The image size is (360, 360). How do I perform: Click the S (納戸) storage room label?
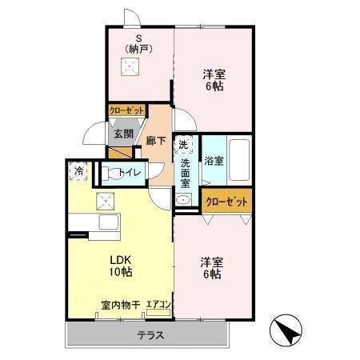(138, 44)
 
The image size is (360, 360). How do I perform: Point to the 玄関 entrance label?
(122, 134)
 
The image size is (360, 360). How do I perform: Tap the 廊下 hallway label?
(156, 140)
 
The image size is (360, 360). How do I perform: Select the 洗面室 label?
(185, 171)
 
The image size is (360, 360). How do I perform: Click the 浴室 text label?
(213, 160)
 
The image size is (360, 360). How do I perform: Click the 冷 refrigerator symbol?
(80, 170)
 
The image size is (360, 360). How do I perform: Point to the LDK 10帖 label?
(120, 266)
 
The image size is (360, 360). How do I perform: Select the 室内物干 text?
(121, 304)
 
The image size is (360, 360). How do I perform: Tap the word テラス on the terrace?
(150, 335)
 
